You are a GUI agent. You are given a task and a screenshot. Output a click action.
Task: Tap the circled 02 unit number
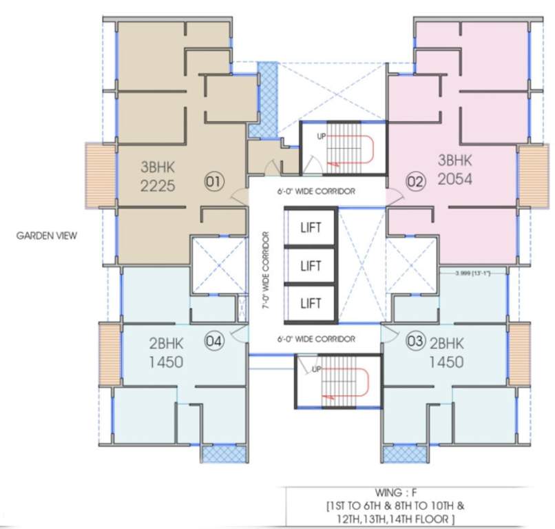pos(415,183)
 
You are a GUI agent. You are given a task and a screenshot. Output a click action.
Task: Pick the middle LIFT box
pos(311,264)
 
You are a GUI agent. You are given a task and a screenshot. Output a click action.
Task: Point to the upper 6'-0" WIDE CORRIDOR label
pos(317,193)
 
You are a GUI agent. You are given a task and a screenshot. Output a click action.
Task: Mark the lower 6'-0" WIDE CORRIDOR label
pos(317,340)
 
